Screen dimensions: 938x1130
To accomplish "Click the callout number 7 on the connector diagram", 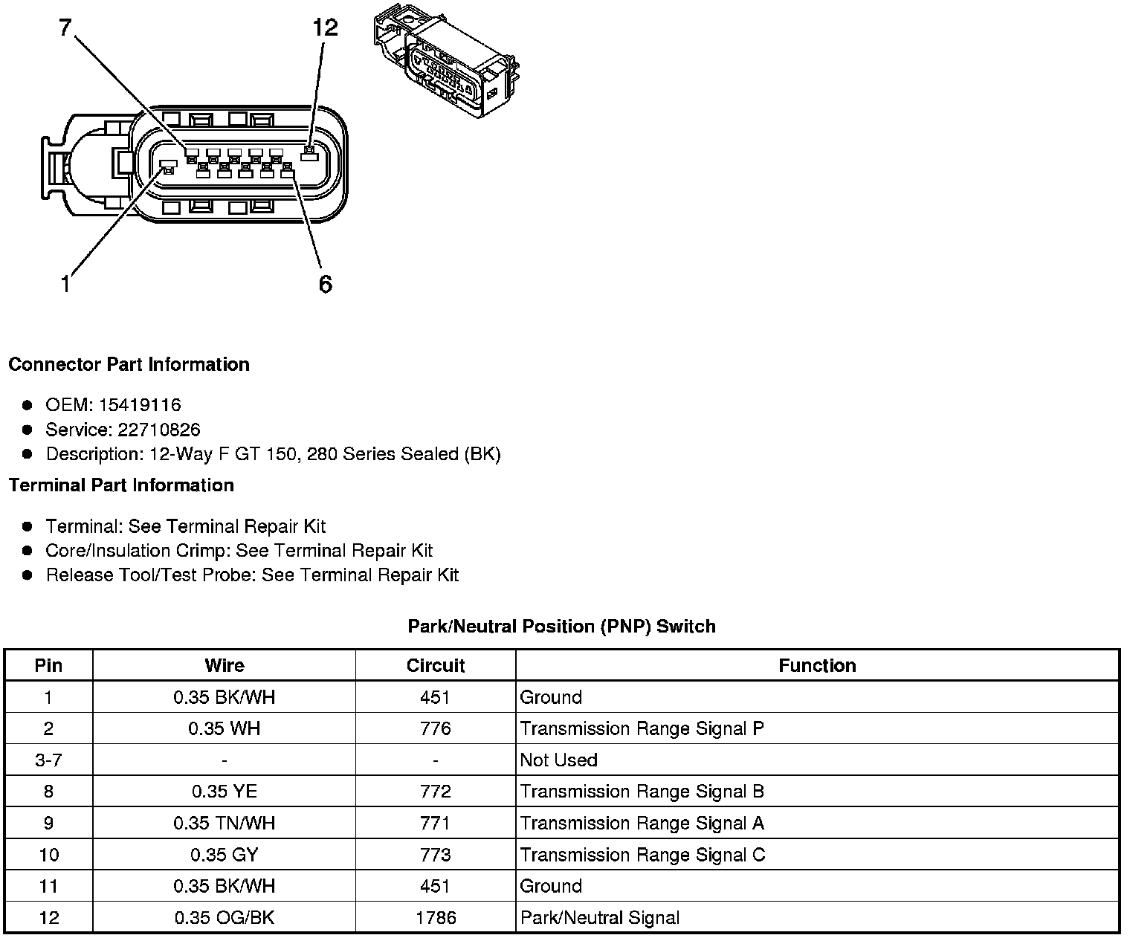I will (65, 28).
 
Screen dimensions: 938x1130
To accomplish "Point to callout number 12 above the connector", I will (325, 28).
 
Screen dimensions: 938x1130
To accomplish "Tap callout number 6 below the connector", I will (325, 284).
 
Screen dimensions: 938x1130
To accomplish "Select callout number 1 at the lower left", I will (65, 284).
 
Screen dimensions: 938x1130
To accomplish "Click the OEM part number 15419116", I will (140, 405).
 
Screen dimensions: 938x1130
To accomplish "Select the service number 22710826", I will (159, 430).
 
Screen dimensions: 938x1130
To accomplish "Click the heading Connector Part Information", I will (129, 364).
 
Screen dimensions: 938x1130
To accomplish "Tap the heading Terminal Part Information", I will (121, 485).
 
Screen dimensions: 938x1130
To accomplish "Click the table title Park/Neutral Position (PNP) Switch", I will (561, 626).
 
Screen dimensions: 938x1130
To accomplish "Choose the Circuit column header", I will (435, 665).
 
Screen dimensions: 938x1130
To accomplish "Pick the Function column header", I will (817, 665).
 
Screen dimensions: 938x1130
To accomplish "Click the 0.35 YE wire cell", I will (224, 792).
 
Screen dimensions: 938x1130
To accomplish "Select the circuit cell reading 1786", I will (435, 918).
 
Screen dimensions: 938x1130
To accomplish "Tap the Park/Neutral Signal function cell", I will (599, 918).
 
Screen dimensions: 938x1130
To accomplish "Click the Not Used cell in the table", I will (558, 760).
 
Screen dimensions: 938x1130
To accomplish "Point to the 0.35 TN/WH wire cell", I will (224, 824).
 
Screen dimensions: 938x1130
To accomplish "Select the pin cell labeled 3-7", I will (48, 760).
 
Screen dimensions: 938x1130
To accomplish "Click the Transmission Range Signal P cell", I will (642, 728).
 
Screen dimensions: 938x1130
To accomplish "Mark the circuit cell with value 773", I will (435, 855).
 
